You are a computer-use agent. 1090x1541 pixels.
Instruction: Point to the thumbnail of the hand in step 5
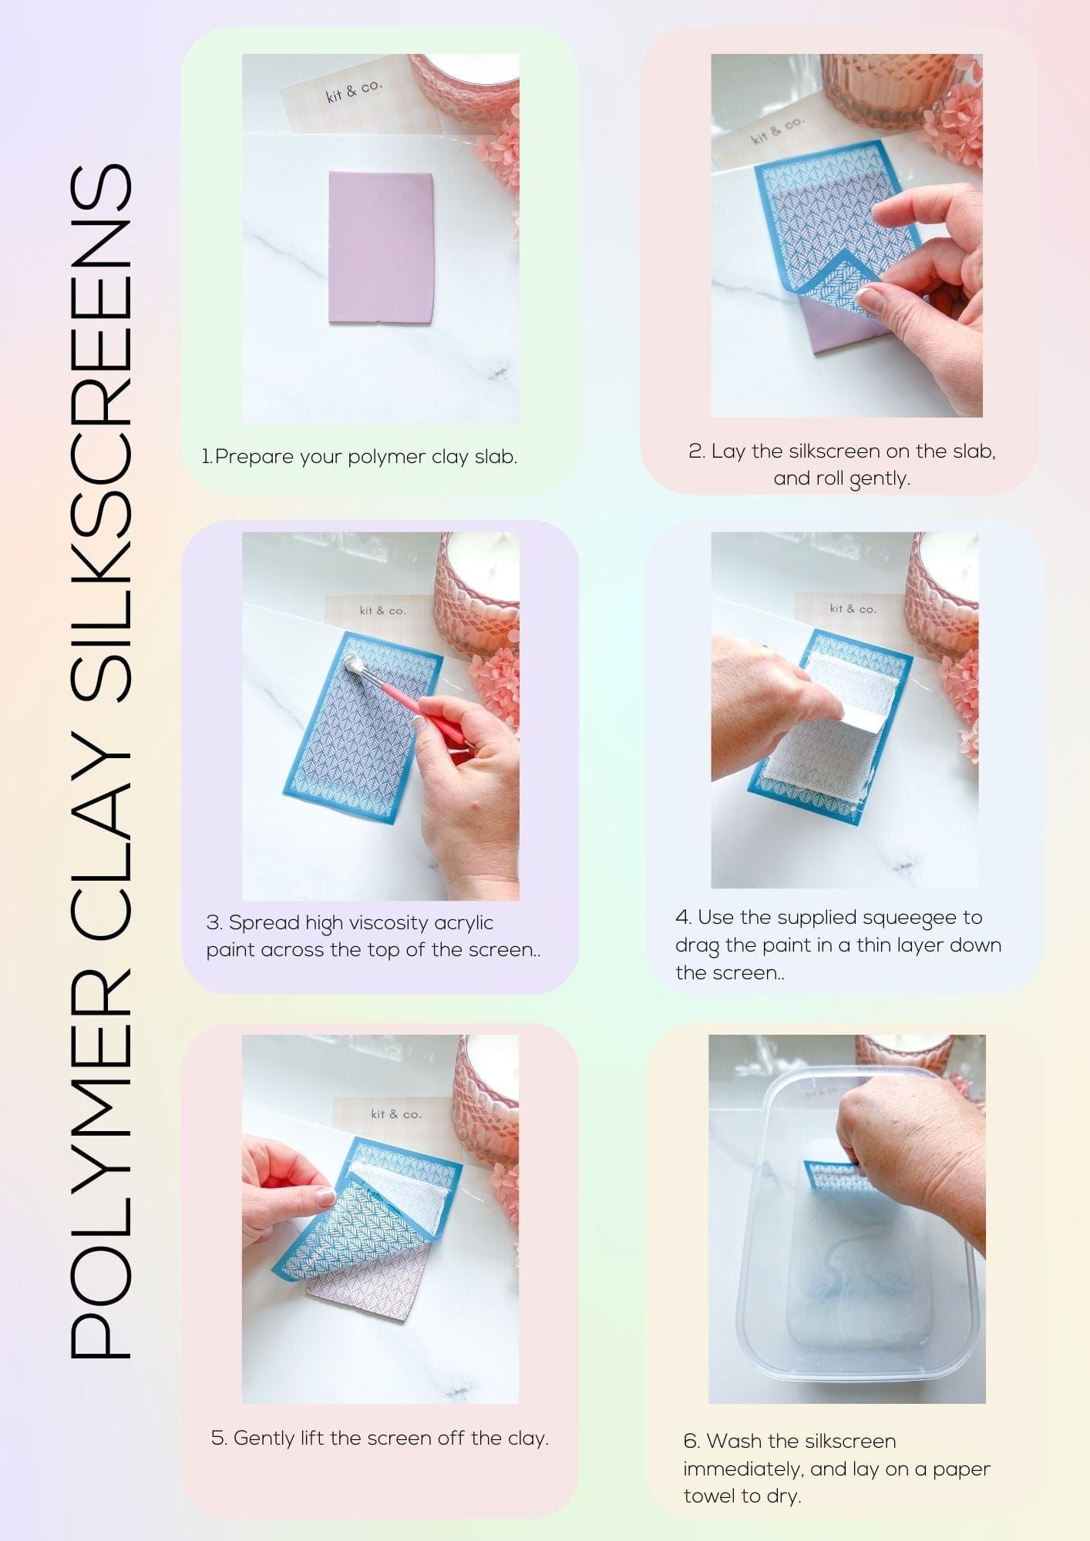(x=325, y=1197)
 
